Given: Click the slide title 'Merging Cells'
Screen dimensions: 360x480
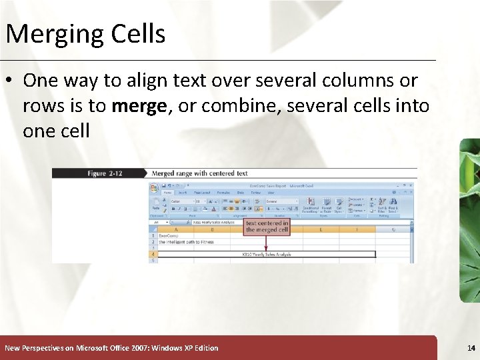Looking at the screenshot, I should coord(85,33).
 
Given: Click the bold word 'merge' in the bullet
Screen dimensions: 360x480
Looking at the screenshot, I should coord(139,106).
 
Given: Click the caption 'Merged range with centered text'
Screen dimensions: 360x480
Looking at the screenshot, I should coord(199,173).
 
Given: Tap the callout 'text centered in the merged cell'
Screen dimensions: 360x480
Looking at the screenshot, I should coord(267,227).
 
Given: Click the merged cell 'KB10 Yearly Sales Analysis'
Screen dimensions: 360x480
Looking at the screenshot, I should coord(267,254).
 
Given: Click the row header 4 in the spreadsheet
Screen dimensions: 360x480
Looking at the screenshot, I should coord(153,254).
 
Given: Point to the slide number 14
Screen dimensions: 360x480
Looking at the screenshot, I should coord(471,348).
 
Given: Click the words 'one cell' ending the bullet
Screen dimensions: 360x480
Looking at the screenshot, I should coord(56,131).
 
